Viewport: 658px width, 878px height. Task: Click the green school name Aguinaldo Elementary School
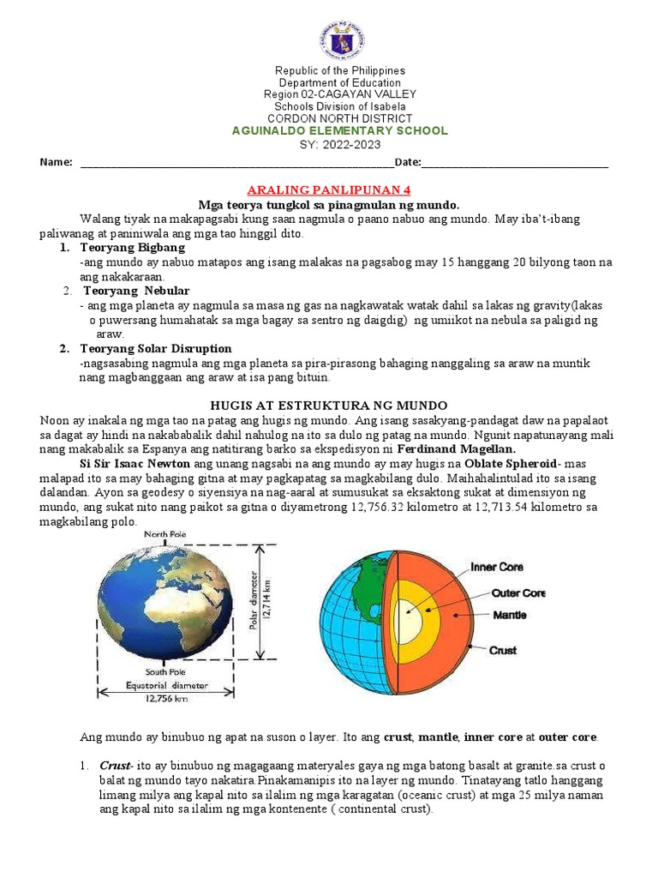(340, 130)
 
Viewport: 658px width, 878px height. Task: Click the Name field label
(56, 162)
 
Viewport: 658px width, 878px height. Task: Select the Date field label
(407, 162)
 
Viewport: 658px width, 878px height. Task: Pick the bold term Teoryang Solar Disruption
(155, 348)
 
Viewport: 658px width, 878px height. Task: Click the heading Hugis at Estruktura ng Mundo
(329, 405)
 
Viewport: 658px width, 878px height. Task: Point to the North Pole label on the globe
(165, 534)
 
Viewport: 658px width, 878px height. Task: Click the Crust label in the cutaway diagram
(502, 650)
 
